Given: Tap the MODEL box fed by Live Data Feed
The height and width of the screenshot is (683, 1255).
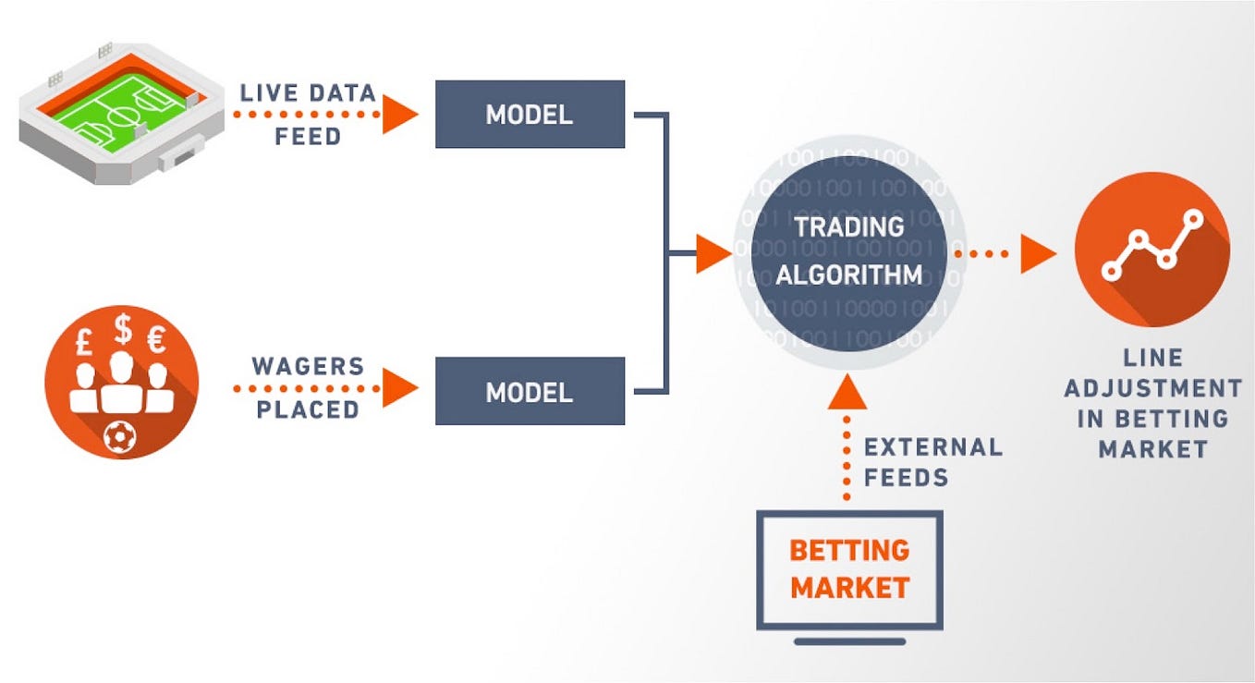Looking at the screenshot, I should click(530, 114).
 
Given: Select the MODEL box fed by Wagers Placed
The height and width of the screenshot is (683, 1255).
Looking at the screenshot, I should click(530, 391).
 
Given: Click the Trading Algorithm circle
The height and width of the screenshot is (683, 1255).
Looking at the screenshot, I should click(848, 250).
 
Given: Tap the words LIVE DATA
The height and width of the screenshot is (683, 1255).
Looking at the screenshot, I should click(308, 93).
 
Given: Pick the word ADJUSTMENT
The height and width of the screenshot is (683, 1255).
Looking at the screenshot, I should click(1152, 388).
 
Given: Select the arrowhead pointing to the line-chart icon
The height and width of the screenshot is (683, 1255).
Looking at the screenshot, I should click(1037, 252).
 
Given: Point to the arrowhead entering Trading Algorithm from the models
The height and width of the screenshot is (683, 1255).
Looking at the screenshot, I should click(713, 252).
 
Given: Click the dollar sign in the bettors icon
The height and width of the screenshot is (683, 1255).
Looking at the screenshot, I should click(122, 330).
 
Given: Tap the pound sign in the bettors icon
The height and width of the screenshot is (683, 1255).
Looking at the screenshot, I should click(83, 344).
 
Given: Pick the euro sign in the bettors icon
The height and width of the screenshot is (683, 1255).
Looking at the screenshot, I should click(157, 342).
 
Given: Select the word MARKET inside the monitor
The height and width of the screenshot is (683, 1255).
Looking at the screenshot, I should click(849, 587).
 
